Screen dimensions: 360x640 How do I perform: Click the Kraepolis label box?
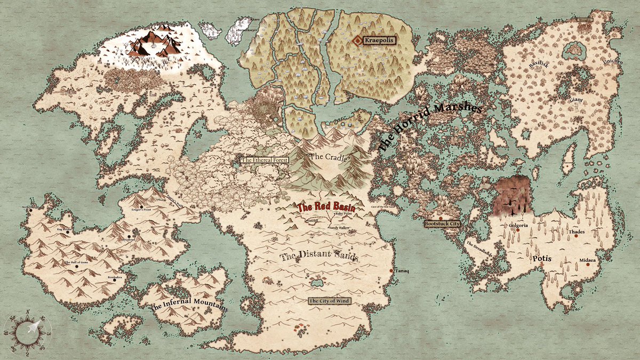pyautogui.click(x=382, y=39)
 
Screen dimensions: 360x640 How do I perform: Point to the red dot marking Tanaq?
pyautogui.click(x=391, y=271)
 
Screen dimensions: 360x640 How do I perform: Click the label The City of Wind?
pyautogui.click(x=330, y=301)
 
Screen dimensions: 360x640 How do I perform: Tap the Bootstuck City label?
pyautogui.click(x=442, y=224)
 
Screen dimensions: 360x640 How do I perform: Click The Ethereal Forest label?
pyautogui.click(x=265, y=160)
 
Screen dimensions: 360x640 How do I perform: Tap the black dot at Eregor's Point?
pyautogui.click(x=141, y=206)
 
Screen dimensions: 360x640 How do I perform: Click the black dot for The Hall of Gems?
pyautogui.click(x=78, y=267)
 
